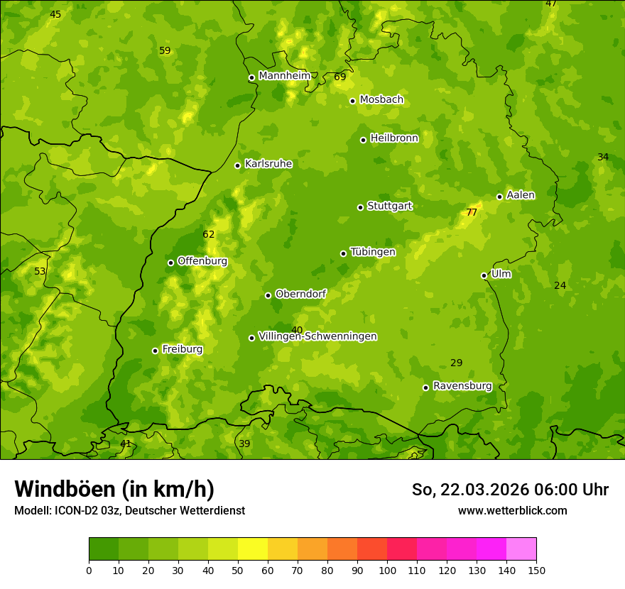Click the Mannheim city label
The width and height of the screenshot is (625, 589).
pyautogui.click(x=284, y=76)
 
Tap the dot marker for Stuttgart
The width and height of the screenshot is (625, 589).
pyautogui.click(x=360, y=207)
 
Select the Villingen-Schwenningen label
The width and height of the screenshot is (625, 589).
pyautogui.click(x=317, y=336)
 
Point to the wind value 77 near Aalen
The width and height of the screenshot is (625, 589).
pyautogui.click(x=472, y=212)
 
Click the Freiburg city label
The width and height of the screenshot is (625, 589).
pyautogui.click(x=182, y=349)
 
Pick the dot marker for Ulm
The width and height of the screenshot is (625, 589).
pyautogui.click(x=484, y=275)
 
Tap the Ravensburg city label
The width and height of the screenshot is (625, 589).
pyautogui.click(x=462, y=386)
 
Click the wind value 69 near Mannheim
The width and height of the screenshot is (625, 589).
pyautogui.click(x=339, y=77)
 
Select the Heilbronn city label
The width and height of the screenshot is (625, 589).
pyautogui.click(x=394, y=138)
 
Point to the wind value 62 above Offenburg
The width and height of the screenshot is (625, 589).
pyautogui.click(x=208, y=235)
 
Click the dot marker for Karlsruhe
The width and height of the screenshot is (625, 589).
pyautogui.click(x=237, y=165)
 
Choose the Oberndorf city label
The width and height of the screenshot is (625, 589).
pyautogui.click(x=300, y=294)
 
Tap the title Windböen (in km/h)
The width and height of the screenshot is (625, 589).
pyautogui.click(x=114, y=489)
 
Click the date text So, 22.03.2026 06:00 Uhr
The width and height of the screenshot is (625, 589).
pyautogui.click(x=510, y=490)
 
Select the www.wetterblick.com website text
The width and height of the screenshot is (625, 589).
pyautogui.click(x=512, y=510)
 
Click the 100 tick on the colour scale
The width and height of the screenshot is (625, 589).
pyautogui.click(x=387, y=570)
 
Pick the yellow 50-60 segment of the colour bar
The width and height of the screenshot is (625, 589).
pyautogui.click(x=253, y=549)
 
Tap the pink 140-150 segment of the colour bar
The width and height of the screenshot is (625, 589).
pyautogui.click(x=521, y=549)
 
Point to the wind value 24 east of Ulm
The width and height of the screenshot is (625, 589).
pyautogui.click(x=560, y=285)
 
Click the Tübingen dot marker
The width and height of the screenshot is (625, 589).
pyautogui.click(x=343, y=253)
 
